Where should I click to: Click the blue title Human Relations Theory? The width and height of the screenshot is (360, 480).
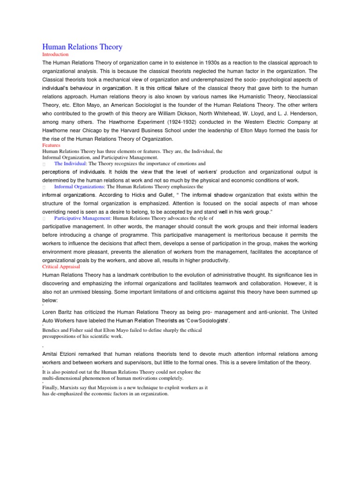tap(82, 47)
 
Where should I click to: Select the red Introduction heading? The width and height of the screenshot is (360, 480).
tap(55, 55)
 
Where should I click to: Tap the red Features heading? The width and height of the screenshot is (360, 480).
tap(52, 145)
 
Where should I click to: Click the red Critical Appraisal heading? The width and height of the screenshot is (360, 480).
tap(61, 266)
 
